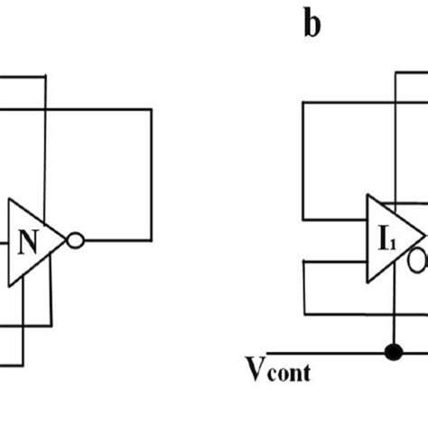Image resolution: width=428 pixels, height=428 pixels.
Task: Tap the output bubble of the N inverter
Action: click(76, 241)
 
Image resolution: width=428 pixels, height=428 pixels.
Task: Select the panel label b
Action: click(312, 24)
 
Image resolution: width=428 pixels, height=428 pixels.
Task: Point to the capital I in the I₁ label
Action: click(382, 239)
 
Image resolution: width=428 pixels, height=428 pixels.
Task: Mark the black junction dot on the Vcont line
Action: click(393, 350)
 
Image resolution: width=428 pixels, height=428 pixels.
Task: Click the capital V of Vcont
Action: click(256, 367)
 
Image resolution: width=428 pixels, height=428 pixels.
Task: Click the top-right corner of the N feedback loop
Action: click(151, 110)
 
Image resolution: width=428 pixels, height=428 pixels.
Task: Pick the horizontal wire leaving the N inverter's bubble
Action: click(117, 241)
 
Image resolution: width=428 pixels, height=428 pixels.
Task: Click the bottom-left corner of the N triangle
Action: click(9, 285)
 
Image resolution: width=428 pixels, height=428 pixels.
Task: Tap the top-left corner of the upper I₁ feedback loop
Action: click(303, 103)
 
